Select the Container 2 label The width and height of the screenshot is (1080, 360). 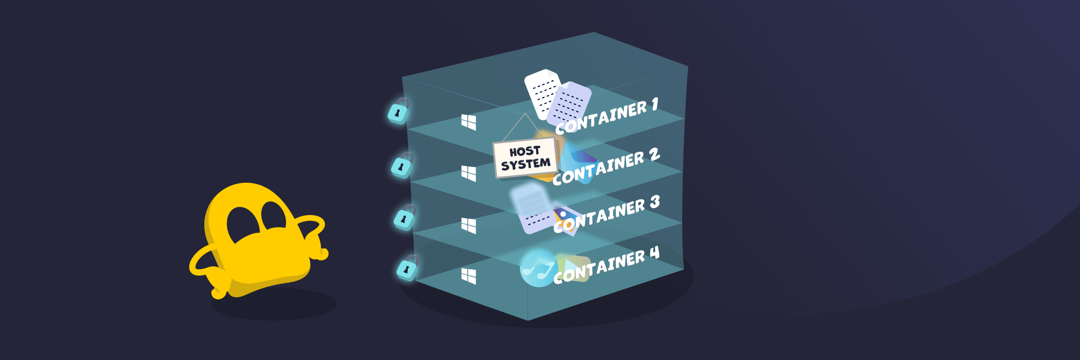605,166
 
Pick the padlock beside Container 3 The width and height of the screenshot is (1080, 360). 405,218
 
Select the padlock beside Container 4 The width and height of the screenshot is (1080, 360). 407,269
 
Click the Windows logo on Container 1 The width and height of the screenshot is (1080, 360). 468,122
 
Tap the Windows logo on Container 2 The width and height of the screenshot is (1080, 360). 468,173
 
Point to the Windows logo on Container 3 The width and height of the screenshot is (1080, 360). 468,225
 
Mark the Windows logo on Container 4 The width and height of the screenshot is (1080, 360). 468,276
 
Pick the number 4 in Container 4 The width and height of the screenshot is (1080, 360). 654,253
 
